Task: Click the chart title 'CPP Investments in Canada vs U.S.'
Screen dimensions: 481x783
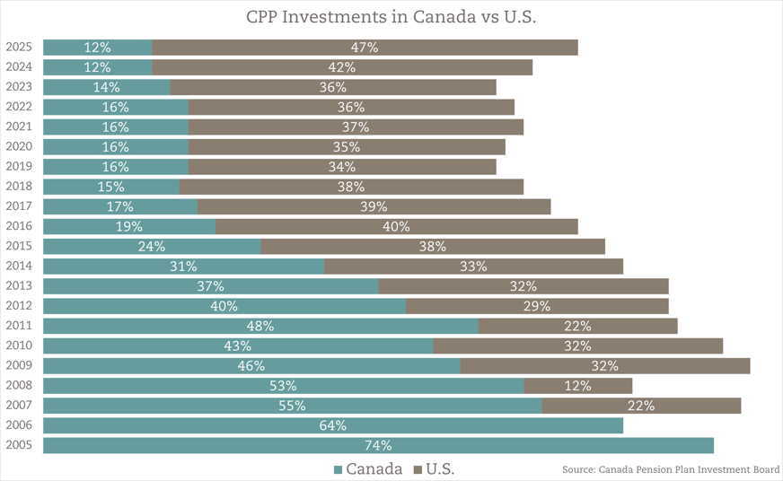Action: [x=391, y=18]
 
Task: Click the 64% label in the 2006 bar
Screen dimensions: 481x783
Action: [x=332, y=425]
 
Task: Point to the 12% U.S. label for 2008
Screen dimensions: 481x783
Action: [x=577, y=386]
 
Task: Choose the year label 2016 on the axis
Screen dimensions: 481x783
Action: [x=20, y=226]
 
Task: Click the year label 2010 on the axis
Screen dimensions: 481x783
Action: [x=20, y=345]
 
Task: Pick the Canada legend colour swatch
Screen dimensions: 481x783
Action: [x=338, y=469]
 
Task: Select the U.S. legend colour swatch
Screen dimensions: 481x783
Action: [x=418, y=469]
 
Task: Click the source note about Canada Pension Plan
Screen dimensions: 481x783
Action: [x=670, y=469]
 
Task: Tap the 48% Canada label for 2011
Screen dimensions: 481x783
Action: [x=260, y=326]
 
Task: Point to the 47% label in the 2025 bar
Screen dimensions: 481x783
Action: [x=365, y=48]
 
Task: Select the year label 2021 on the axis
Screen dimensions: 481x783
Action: [x=20, y=127]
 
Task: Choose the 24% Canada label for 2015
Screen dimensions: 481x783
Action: [x=152, y=247]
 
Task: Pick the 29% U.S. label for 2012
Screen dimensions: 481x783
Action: [x=537, y=306]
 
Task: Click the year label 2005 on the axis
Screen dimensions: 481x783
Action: [x=20, y=445]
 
